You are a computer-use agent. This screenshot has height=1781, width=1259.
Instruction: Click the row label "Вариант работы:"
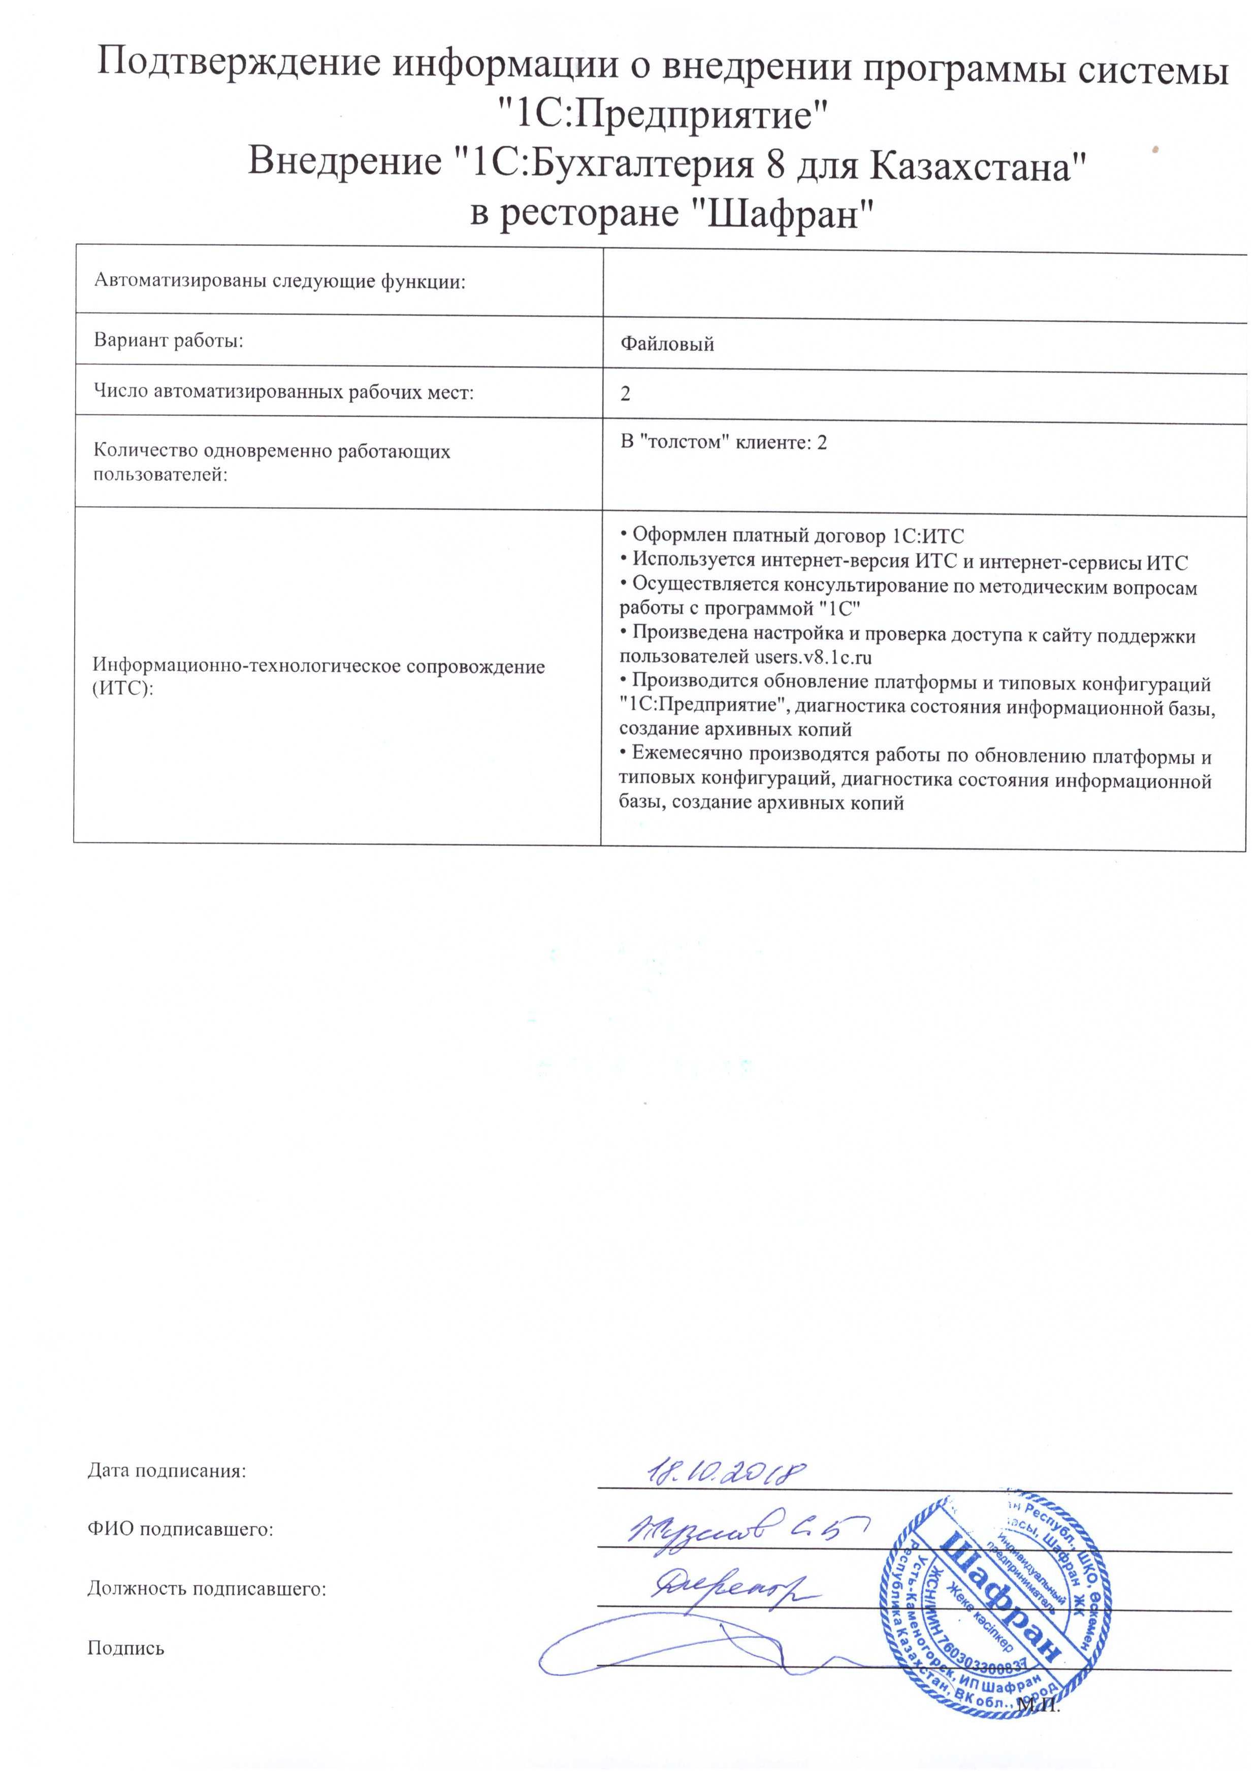tap(168, 341)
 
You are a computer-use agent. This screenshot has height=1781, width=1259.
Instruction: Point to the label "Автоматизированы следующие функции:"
tap(279, 281)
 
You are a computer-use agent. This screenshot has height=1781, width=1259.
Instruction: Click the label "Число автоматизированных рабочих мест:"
tap(283, 392)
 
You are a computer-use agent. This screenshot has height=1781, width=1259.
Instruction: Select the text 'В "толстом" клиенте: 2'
tap(723, 443)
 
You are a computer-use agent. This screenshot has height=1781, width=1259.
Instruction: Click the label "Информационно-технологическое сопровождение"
tap(318, 666)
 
